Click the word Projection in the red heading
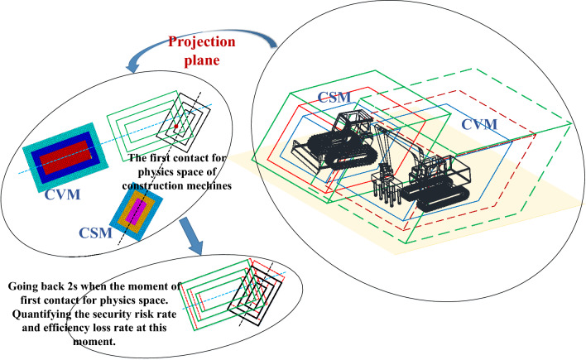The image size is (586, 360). (x=201, y=42)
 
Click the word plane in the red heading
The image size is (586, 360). (x=202, y=60)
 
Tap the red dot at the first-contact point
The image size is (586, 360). (x=176, y=127)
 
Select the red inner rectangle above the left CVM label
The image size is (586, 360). (x=65, y=158)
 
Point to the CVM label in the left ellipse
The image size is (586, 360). (x=62, y=194)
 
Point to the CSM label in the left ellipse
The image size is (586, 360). (x=96, y=233)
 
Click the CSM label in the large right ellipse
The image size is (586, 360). (x=334, y=97)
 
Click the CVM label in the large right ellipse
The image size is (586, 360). (x=479, y=124)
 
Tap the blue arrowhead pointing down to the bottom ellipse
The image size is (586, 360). (x=195, y=248)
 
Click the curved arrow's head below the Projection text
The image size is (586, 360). (x=132, y=66)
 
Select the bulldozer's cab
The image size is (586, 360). (x=353, y=124)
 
